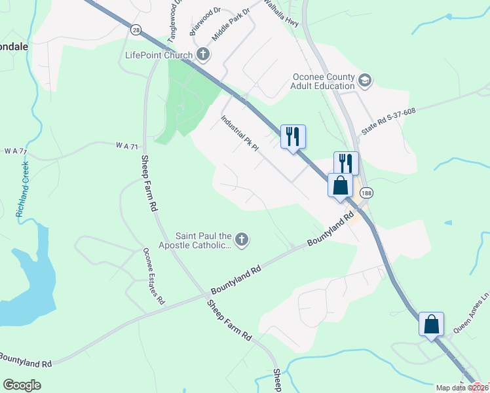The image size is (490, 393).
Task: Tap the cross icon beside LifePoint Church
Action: [203, 54]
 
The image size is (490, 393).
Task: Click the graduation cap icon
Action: [365, 81]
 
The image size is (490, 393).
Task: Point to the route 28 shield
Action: [135, 29]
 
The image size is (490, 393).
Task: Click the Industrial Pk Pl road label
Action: [240, 134]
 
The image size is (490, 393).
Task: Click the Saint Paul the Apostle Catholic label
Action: [204, 240]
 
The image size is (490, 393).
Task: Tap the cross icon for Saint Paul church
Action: [242, 240]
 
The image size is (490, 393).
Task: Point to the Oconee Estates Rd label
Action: [154, 276]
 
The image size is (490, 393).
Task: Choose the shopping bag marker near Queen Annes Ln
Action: [432, 324]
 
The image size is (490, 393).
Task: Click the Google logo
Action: [22, 385]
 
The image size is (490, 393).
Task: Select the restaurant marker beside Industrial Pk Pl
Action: [293, 136]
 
